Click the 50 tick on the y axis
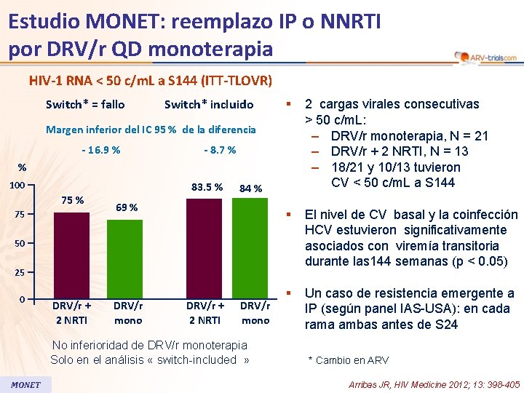[20, 242]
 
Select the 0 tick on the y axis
[23, 300]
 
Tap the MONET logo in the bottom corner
[25, 384]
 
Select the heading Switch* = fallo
[85, 104]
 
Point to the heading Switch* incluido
[209, 104]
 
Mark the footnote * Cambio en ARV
[349, 360]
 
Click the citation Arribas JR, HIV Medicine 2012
[434, 384]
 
